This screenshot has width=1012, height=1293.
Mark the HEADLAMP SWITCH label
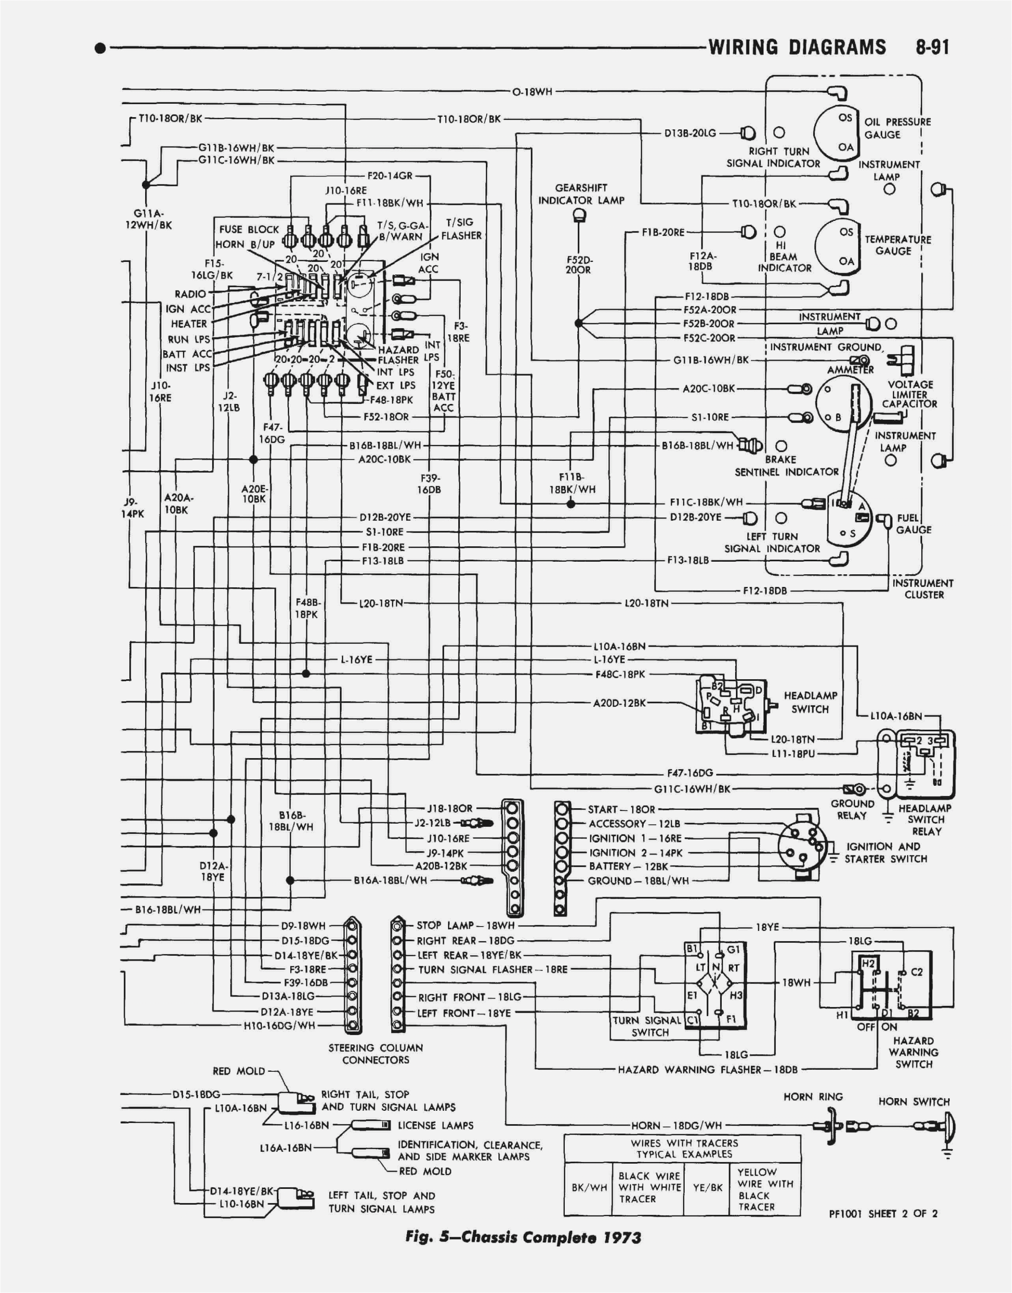coord(810,702)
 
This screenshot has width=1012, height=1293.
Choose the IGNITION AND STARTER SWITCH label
coord(885,853)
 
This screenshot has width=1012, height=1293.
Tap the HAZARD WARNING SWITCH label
coord(913,1052)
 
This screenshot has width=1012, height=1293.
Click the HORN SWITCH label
coord(914,1101)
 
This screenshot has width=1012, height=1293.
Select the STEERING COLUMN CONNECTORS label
coord(376,1053)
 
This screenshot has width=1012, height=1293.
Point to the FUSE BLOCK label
coord(249,229)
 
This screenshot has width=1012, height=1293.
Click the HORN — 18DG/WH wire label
coord(676,1125)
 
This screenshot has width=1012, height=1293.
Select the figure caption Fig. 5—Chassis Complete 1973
coord(522,1237)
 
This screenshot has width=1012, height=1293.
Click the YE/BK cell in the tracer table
coord(707,1188)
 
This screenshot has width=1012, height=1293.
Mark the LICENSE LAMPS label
coord(435,1125)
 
